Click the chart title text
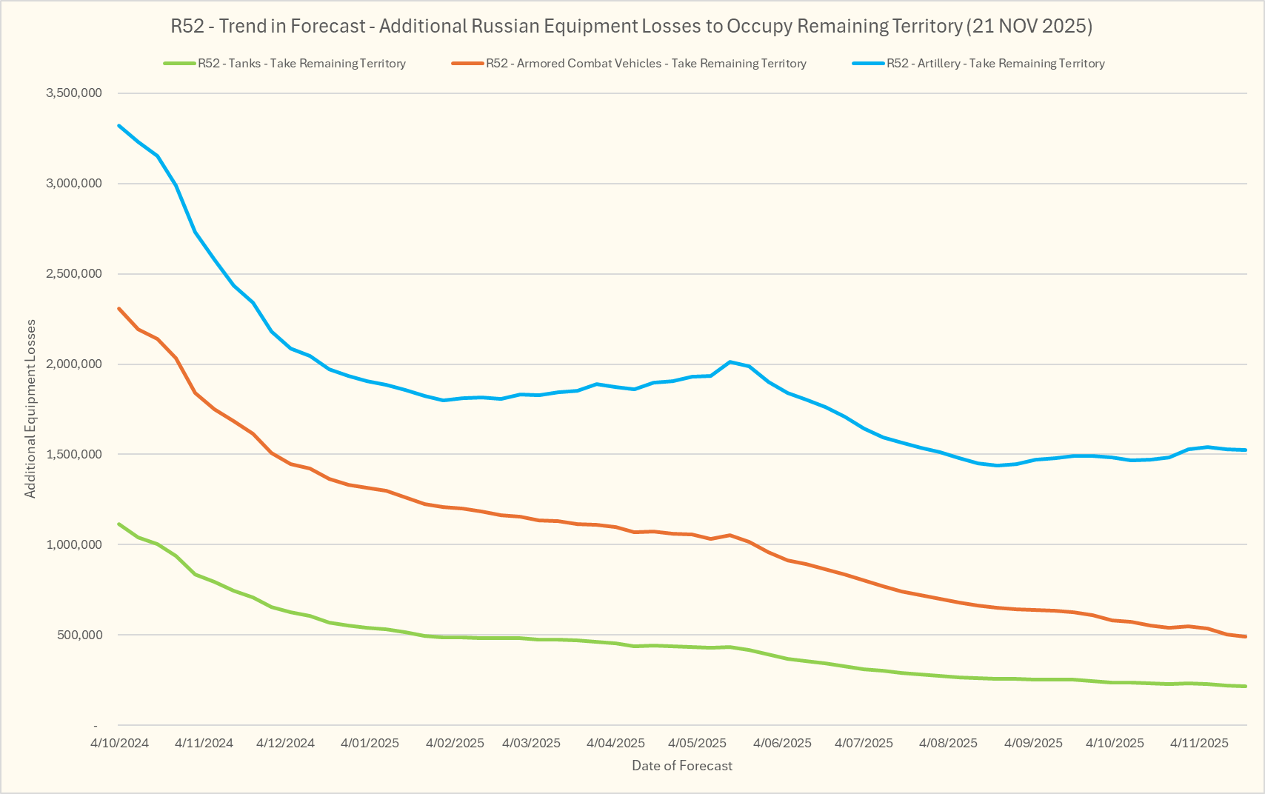(x=631, y=27)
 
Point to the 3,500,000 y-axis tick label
(x=74, y=93)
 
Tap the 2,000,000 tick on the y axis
(x=74, y=364)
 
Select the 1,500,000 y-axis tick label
(x=74, y=455)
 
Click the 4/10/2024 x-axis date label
(x=120, y=743)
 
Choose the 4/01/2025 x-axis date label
(x=370, y=743)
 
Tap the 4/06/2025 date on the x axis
(x=783, y=743)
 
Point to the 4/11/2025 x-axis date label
(x=1199, y=743)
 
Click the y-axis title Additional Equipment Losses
(x=30, y=409)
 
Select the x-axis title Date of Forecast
(x=681, y=766)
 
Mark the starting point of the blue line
(x=119, y=126)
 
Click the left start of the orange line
(x=119, y=309)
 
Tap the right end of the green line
(x=1246, y=687)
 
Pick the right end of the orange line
(x=1246, y=636)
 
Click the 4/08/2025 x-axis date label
(x=949, y=743)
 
